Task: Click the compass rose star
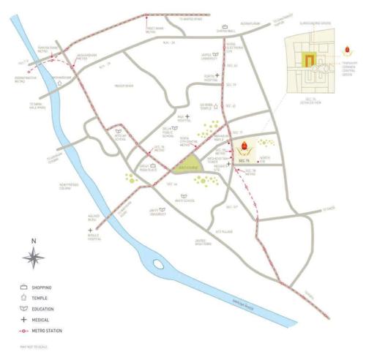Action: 34,256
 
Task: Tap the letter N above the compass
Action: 33,240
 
